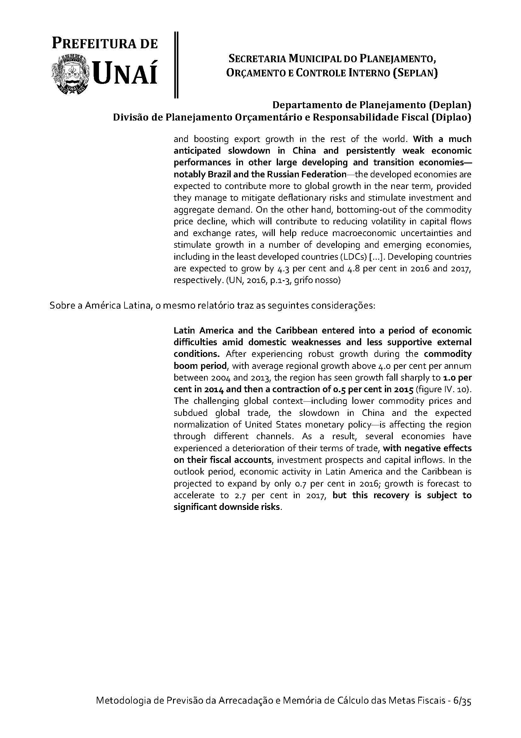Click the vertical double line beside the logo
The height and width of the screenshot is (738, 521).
click(176, 64)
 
